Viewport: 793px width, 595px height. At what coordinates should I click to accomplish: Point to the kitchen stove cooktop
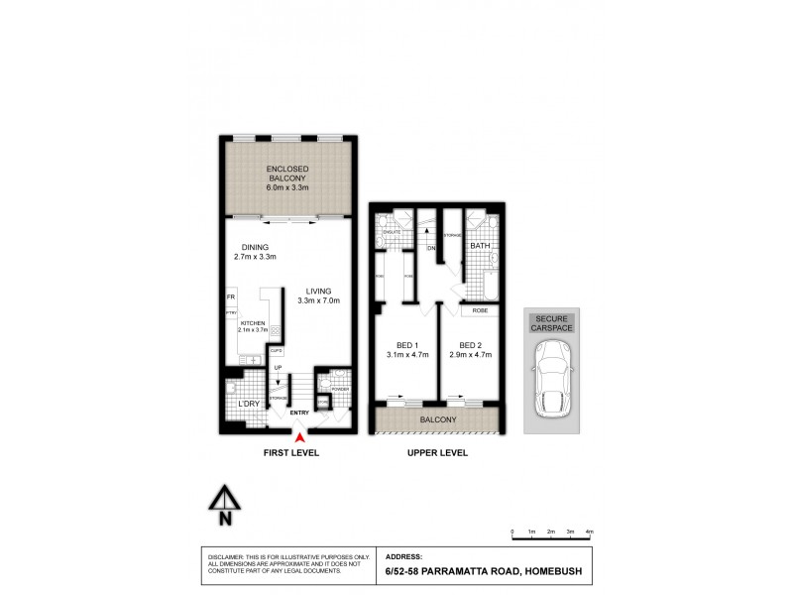coord(275,335)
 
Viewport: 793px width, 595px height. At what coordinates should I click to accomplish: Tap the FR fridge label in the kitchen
coord(230,297)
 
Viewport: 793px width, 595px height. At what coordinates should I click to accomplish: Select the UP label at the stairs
coord(279,368)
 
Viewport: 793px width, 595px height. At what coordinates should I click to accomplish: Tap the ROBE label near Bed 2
coord(478,310)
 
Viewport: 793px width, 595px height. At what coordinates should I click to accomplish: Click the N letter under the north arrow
coord(225,517)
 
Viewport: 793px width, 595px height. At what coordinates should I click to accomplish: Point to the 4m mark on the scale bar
coord(590,533)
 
